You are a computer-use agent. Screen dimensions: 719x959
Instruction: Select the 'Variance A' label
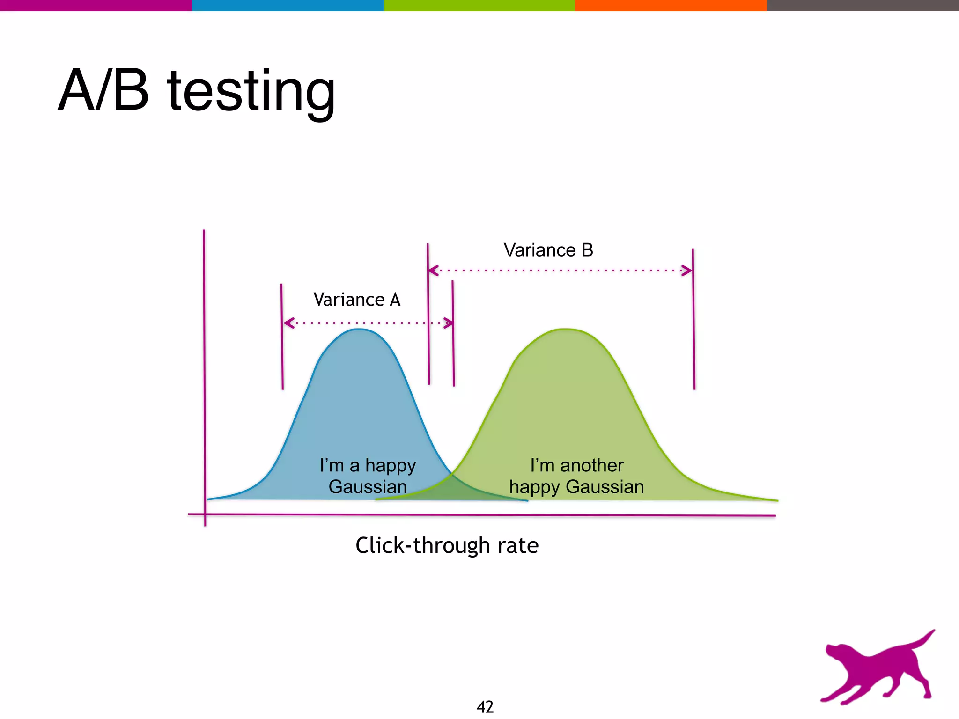(x=357, y=300)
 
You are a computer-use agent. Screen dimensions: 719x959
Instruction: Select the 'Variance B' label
(x=548, y=250)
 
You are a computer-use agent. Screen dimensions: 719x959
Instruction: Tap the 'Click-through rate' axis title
(x=447, y=546)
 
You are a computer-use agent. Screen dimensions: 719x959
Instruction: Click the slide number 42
(x=485, y=707)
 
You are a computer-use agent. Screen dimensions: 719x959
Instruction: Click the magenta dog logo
(x=876, y=669)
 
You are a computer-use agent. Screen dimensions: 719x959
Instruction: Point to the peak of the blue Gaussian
(x=358, y=330)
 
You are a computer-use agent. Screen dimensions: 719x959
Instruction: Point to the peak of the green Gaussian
(x=566, y=330)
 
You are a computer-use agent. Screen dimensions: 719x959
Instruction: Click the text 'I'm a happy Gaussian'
(x=368, y=476)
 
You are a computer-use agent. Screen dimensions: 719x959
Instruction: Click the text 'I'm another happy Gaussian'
(x=576, y=476)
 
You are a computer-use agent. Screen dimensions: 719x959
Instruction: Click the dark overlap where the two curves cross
(x=452, y=489)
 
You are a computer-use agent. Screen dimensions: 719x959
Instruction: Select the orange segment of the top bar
(x=671, y=5)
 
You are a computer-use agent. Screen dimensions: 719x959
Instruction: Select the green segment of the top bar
(x=479, y=5)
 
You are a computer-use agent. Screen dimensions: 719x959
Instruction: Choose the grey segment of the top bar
(x=863, y=5)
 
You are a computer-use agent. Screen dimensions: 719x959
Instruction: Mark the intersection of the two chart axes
(x=205, y=514)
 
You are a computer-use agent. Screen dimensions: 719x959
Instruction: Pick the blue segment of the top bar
(x=288, y=5)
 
